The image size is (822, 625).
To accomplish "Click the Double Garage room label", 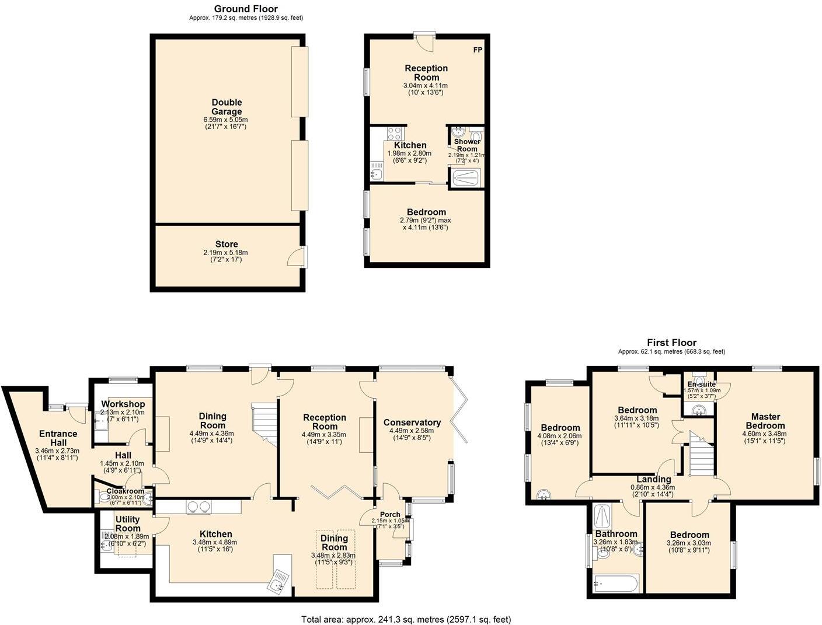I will pos(227,107).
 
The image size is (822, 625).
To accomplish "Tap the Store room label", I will pos(227,245).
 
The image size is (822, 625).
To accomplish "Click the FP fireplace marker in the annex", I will pos(478,50).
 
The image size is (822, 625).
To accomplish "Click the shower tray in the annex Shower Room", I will pos(466,177).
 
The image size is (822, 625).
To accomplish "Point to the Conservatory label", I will pos(412,423).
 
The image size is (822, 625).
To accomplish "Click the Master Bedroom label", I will pos(765,421).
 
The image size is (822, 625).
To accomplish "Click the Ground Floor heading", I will pos(246,9).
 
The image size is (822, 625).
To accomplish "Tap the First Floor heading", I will pos(671,343).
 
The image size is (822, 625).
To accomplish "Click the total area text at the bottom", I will pos(406,619).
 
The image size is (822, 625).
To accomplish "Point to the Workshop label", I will pos(123,404).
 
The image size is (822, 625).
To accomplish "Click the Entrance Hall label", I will pos(58,438).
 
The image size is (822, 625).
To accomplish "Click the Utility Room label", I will pos(127,523).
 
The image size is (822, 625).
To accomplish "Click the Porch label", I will pos(390,514).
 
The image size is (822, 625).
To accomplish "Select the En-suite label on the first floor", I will pos(701,385).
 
